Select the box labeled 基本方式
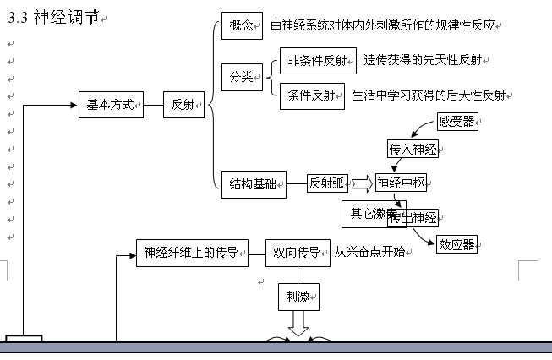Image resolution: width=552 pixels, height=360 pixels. pos(110,106)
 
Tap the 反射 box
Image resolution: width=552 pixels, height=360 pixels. pos(183,106)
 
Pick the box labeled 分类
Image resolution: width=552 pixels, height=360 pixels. pos(241,77)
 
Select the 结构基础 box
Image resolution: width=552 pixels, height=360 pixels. pos(253,183)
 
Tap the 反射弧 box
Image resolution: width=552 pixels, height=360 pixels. pos(327,183)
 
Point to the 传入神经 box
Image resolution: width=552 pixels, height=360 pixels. pos(413,150)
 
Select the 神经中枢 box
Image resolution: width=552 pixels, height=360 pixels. pos(400,183)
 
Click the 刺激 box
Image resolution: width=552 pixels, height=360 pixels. pos(297,296)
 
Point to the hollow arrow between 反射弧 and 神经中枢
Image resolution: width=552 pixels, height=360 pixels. pos(361,183)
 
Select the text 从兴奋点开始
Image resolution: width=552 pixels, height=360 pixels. pos(369,251)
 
